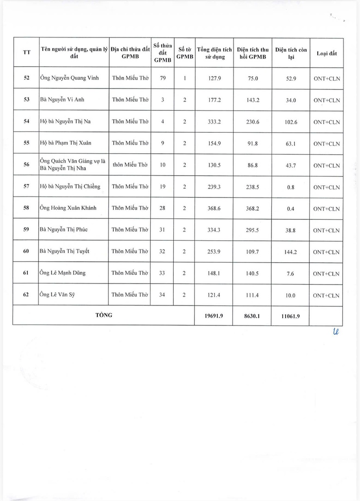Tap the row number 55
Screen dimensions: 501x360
tap(26, 143)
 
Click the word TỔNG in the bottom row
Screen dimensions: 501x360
tap(104, 315)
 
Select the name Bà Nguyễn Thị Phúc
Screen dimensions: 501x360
tap(64, 230)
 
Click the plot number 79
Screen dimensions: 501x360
tap(162, 78)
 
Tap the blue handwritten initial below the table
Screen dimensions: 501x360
tap(335, 333)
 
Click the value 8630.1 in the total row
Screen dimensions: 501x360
tap(252, 316)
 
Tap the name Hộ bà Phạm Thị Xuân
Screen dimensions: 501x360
tap(65, 143)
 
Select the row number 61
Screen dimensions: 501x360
tap(26, 273)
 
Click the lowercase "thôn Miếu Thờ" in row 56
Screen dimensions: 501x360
tap(130, 165)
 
